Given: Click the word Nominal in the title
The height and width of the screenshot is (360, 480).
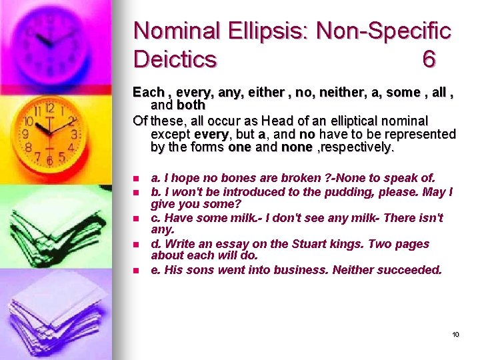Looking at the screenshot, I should (x=176, y=31).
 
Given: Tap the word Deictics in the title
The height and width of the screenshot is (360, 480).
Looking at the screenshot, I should (x=175, y=59).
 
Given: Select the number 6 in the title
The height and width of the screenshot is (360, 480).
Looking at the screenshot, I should (x=429, y=59).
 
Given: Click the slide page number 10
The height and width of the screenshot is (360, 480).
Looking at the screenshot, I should (x=455, y=334).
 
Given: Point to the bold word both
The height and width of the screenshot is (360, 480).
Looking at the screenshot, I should (x=191, y=105).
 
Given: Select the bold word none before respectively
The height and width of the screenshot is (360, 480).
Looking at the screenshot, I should (x=296, y=147).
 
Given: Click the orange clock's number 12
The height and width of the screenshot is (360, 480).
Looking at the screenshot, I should (x=49, y=108).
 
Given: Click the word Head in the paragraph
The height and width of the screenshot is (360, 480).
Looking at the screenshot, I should (x=276, y=121).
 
